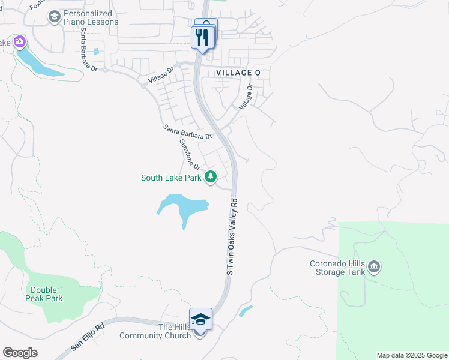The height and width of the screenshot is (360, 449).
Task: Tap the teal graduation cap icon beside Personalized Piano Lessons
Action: click(x=55, y=17)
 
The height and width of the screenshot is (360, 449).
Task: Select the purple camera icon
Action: click(x=20, y=41)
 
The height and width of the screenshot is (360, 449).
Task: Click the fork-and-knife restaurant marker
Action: click(x=201, y=38)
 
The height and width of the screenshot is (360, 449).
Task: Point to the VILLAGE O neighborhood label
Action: click(x=239, y=73)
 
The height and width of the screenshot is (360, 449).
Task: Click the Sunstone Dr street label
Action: click(x=190, y=154)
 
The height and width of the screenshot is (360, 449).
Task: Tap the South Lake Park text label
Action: click(x=171, y=178)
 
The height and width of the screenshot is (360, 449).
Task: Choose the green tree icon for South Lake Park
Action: click(x=211, y=176)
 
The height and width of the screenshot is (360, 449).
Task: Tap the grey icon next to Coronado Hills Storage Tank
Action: click(x=375, y=266)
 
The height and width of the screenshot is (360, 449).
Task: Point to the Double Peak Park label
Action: click(x=46, y=294)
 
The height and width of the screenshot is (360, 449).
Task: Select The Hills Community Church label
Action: click(x=155, y=331)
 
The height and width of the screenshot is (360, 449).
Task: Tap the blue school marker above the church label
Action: click(x=200, y=319)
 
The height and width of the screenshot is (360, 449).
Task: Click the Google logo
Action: click(x=20, y=353)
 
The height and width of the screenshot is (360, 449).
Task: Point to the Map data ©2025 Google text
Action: click(x=412, y=355)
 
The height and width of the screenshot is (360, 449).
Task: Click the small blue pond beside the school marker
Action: click(x=246, y=311)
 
